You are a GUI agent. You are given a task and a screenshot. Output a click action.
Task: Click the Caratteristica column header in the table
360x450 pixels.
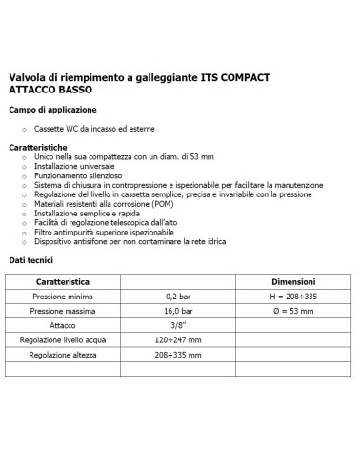pos(62,283)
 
